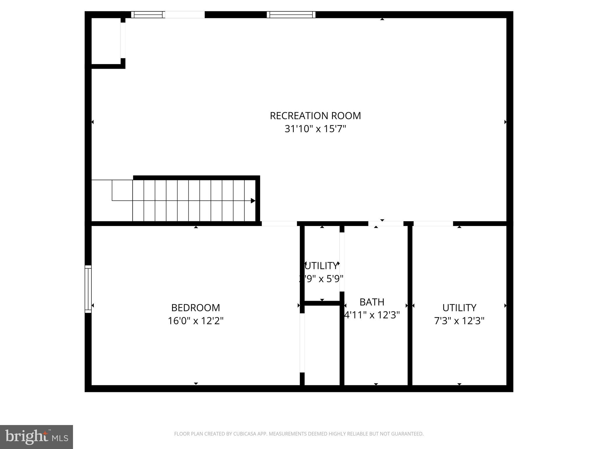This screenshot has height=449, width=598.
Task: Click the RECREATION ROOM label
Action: point(315,116)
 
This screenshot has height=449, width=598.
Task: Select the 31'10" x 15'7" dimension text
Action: point(315,129)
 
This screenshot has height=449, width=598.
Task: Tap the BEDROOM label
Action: point(195,308)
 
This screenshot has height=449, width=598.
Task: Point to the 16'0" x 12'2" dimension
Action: point(195,321)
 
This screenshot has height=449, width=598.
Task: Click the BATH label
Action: point(372,302)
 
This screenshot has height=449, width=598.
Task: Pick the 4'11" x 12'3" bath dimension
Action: point(372,315)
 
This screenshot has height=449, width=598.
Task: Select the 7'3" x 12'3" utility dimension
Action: point(459,321)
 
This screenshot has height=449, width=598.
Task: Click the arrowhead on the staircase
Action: point(253,201)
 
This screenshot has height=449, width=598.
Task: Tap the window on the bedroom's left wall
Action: point(88,289)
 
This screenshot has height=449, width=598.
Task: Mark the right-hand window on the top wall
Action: point(291,15)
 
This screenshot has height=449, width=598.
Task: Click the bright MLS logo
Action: point(36,437)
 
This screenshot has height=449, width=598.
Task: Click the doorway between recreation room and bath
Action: point(385,224)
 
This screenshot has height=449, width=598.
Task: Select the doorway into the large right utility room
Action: point(433,224)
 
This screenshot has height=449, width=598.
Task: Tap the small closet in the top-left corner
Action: point(106,41)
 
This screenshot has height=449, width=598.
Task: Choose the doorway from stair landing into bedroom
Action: point(279,224)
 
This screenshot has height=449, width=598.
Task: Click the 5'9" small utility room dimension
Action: point(321,279)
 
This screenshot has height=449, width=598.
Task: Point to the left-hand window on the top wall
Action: point(148,15)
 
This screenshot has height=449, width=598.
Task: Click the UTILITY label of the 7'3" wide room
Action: point(459,308)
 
